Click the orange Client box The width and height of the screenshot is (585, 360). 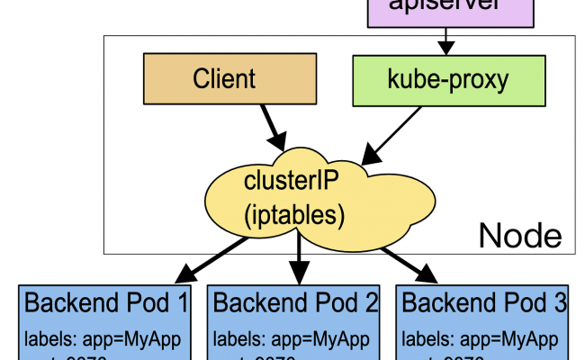[x=223, y=78]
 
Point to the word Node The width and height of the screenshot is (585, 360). [x=519, y=236]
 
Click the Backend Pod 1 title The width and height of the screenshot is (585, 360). [x=106, y=302]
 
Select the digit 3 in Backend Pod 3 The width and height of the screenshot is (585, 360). [x=561, y=302]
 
